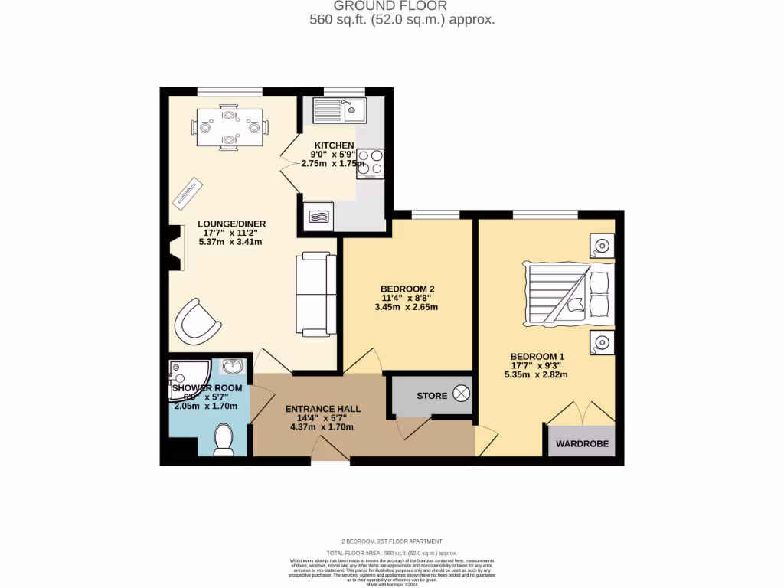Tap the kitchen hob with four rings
pyautogui.click(x=370, y=163)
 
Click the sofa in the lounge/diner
pyautogui.click(x=316, y=295)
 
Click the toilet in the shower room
pyautogui.click(x=224, y=439)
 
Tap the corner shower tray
pyautogui.click(x=183, y=374)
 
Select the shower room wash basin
pyautogui.click(x=234, y=367)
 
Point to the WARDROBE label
pyautogui.click(x=581, y=443)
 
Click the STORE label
pyautogui.click(x=432, y=396)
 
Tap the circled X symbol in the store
pyautogui.click(x=462, y=394)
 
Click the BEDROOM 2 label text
pyautogui.click(x=409, y=289)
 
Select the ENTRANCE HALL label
pyautogui.click(x=322, y=409)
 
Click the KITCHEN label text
pyautogui.click(x=335, y=145)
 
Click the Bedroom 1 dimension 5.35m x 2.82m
pyautogui.click(x=536, y=374)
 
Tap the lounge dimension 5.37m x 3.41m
pyautogui.click(x=230, y=242)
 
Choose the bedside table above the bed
pyautogui.click(x=601, y=247)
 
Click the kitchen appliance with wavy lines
pyautogui.click(x=318, y=216)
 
